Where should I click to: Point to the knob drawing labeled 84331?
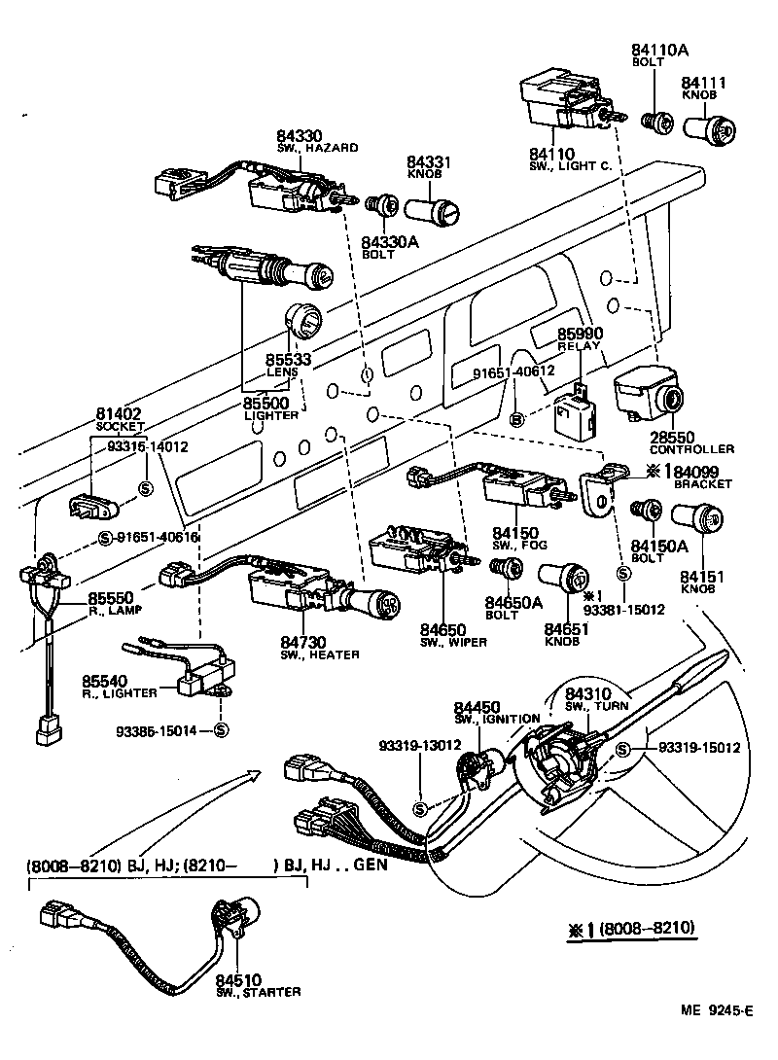pyautogui.click(x=436, y=207)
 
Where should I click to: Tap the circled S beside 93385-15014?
pyautogui.click(x=220, y=730)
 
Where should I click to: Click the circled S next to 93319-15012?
pyautogui.click(x=623, y=748)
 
